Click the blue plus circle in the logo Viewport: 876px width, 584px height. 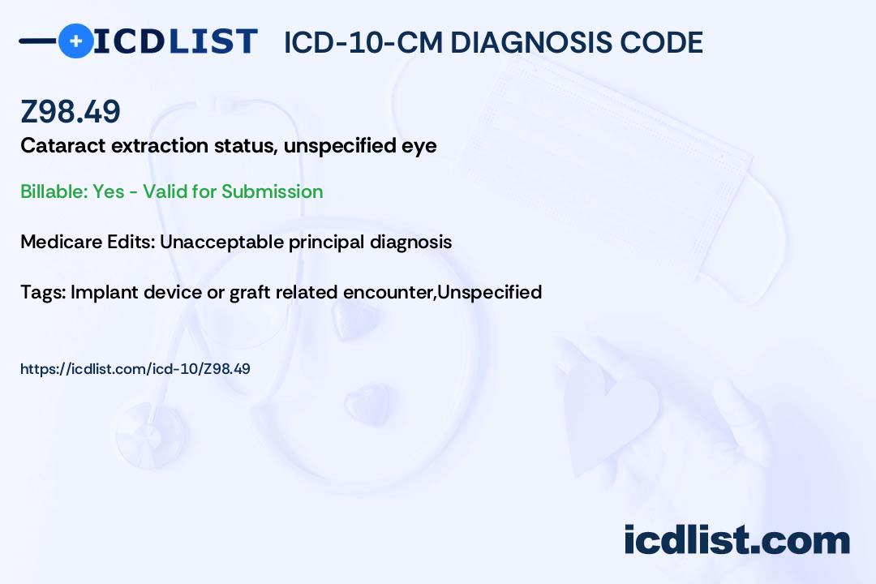point(76,41)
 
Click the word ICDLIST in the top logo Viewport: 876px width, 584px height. point(175,41)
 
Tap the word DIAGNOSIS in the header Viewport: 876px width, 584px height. point(530,42)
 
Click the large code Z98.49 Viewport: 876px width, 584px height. point(71,111)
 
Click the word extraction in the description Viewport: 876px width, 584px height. point(160,145)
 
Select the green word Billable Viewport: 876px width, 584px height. point(54,191)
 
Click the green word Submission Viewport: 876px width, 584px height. point(272,191)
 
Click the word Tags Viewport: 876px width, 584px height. point(43,293)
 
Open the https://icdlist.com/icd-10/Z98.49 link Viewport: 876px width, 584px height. point(135,369)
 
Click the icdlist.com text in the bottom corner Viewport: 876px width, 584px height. point(736,540)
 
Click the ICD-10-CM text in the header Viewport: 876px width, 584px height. point(363,42)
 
